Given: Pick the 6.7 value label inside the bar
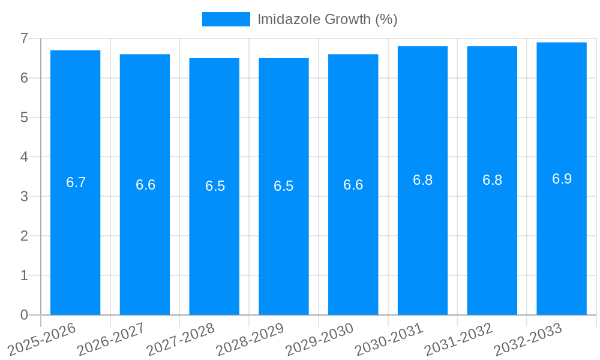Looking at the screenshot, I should coord(76,183).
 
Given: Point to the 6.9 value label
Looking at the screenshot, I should coord(562,179).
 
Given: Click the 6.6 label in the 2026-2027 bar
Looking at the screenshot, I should coord(145,185).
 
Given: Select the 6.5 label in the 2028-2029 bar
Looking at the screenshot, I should coord(283,186).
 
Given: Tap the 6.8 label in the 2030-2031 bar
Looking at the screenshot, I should coord(422,180).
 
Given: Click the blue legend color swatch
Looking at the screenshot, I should coord(226,19).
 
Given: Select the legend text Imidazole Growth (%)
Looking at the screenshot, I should coord(327,19).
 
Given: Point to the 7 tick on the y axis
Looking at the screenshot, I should coord(24,38).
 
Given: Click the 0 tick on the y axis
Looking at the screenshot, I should coord(24,315).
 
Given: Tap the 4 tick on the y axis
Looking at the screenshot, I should coord(24,157).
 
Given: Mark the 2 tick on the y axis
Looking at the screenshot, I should coord(24,236).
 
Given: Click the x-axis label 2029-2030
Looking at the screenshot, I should coord(320,339).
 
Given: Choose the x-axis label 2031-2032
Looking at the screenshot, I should coord(459,339).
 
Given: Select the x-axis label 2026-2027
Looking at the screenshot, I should coord(112,339).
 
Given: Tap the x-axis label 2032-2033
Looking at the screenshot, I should coord(528,339).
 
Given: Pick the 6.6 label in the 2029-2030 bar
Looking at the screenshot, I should coord(353,185).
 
